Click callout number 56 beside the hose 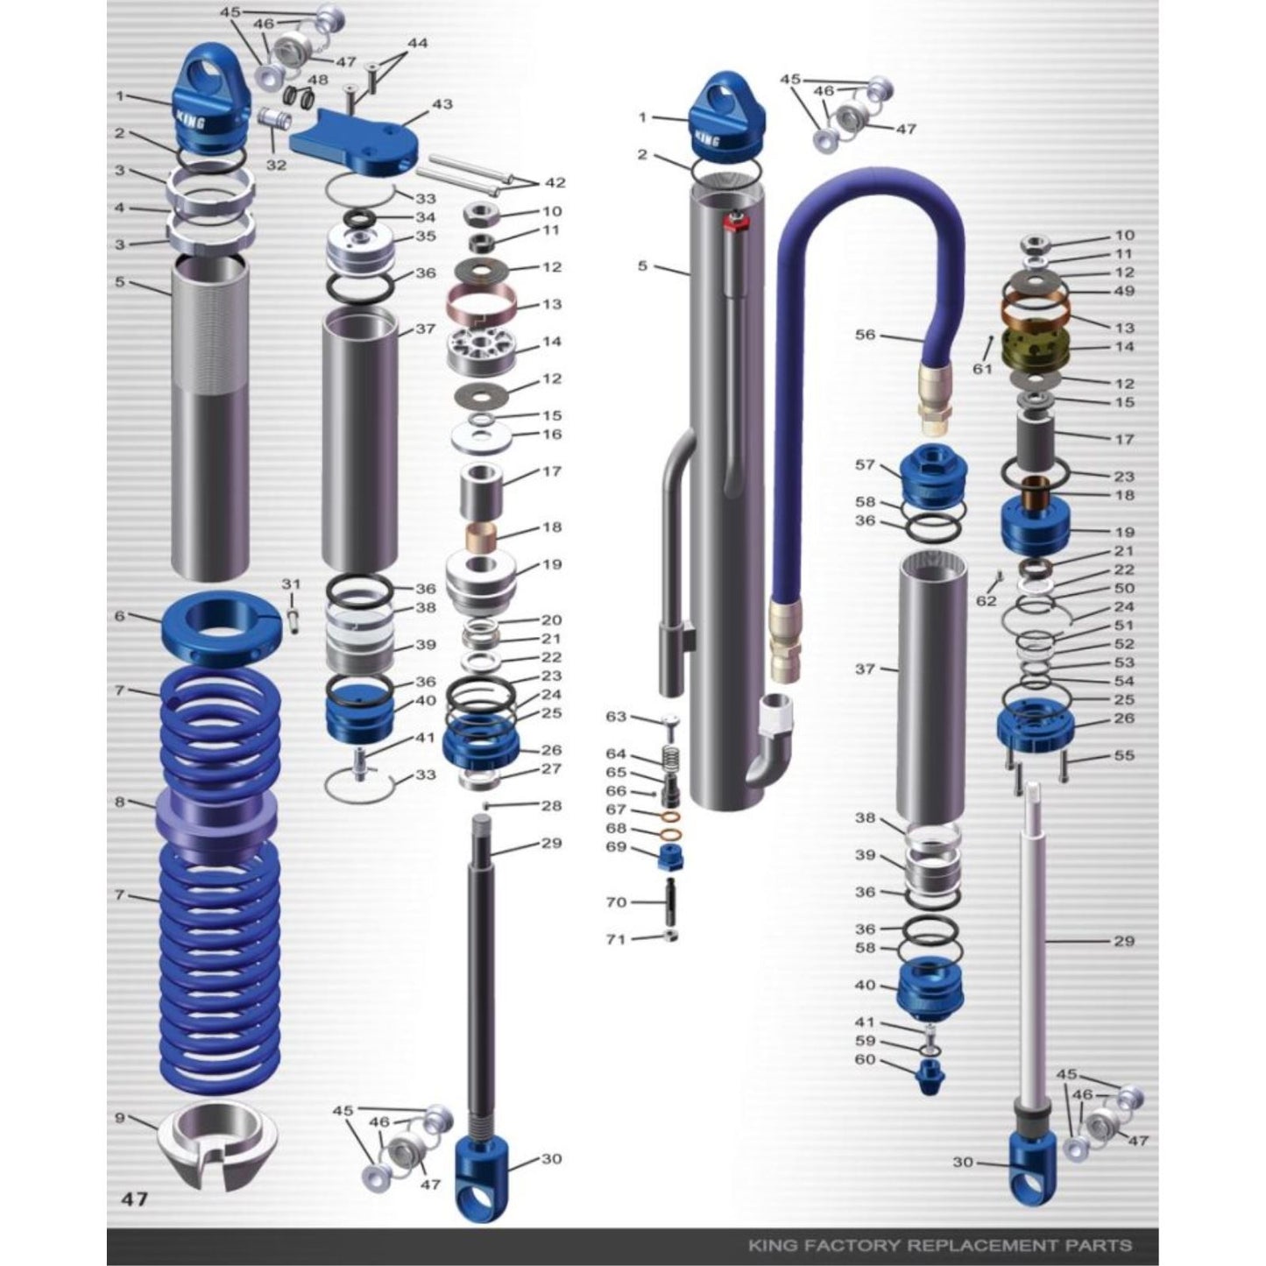865,335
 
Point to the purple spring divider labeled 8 217,819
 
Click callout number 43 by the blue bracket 442,104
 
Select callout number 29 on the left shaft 551,844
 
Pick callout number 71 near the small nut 616,939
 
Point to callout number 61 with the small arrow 982,369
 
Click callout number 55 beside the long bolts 1124,755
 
